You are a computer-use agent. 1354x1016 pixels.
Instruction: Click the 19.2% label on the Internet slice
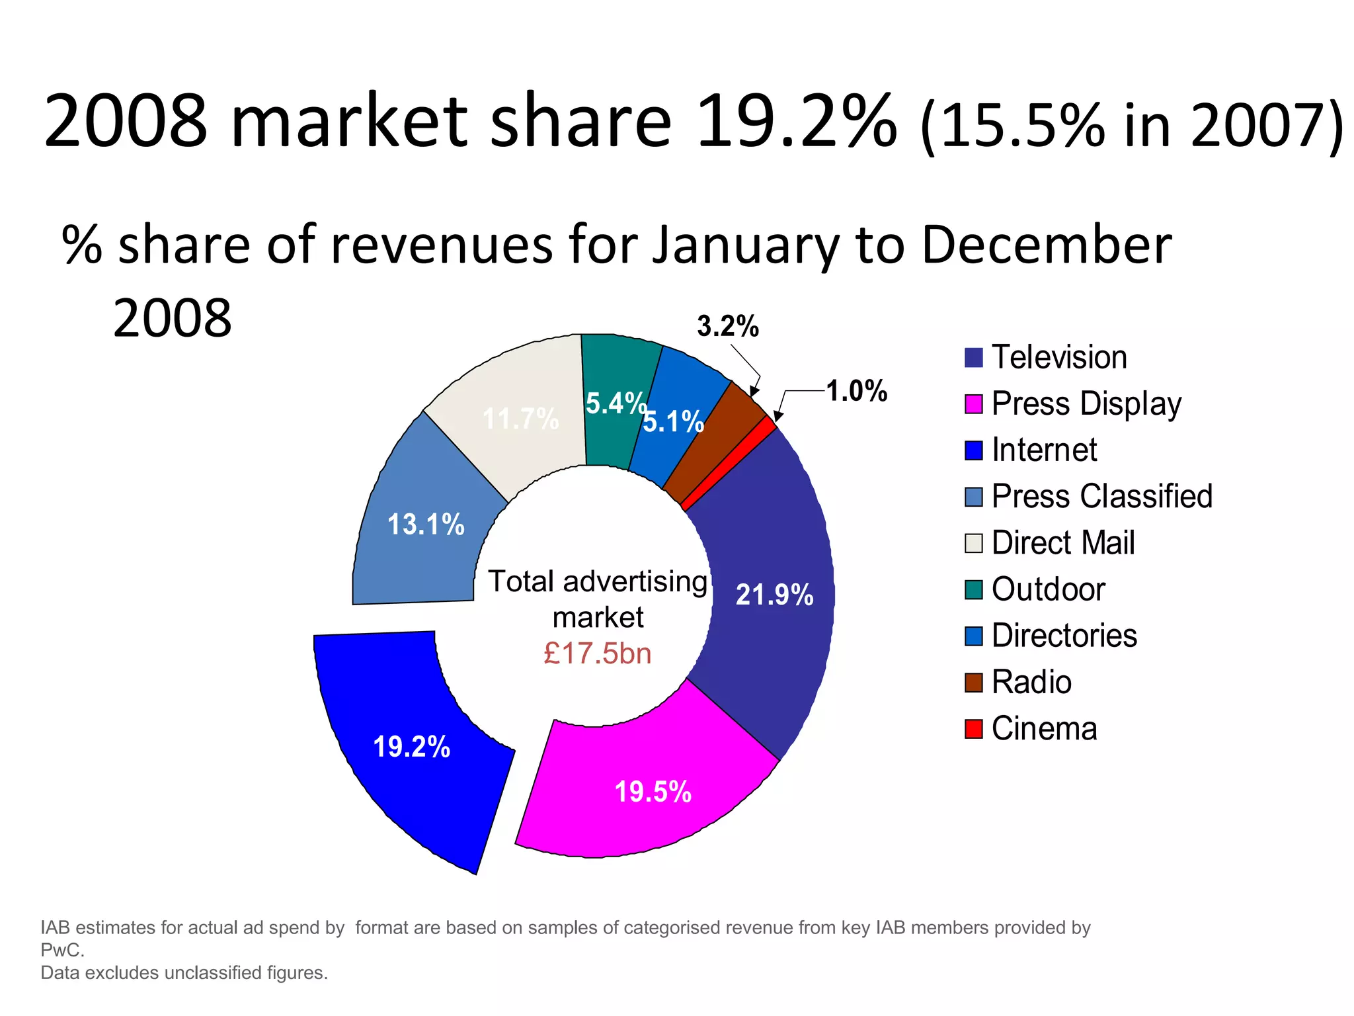(x=411, y=747)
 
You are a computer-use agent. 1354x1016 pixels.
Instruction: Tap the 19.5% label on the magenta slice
(x=653, y=792)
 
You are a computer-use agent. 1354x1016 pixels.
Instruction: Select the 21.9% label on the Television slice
(x=774, y=595)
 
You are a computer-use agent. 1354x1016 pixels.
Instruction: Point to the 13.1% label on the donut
(x=426, y=525)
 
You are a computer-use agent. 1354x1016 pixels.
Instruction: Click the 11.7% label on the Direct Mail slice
(x=520, y=419)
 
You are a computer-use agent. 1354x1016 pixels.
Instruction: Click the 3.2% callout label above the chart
(x=728, y=326)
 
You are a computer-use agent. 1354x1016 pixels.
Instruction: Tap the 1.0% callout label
(x=857, y=391)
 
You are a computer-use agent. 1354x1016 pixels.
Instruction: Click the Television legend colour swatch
(x=973, y=358)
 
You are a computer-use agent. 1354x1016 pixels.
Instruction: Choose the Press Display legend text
(x=1086, y=404)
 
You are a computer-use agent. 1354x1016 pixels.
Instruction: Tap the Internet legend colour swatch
(x=973, y=450)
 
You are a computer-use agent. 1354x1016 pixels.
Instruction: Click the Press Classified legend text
(x=1102, y=497)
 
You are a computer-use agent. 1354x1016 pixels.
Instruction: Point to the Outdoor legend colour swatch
(x=973, y=589)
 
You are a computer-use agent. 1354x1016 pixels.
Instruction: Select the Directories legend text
(x=1064, y=636)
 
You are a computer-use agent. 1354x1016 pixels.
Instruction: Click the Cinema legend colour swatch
(x=973, y=729)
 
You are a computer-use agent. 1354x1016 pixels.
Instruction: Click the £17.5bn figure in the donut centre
(x=597, y=654)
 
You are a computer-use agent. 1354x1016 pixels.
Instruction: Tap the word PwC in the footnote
(x=61, y=951)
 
